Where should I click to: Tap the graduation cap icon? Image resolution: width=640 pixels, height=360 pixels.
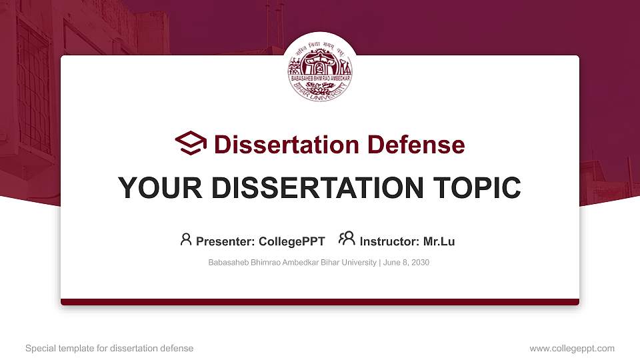191,143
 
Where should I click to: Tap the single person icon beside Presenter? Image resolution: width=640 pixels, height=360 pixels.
186,239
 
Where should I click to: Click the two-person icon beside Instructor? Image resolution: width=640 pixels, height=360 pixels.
347,239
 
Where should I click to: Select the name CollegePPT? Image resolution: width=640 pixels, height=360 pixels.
292,241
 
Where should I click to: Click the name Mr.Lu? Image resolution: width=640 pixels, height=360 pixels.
439,241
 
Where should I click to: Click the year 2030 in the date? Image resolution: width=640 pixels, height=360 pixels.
420,263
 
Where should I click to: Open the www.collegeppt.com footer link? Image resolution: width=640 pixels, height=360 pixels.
572,348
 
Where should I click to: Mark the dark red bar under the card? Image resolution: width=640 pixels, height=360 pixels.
320,302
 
